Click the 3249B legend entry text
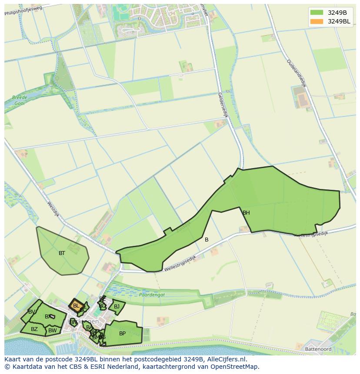coord(337,13)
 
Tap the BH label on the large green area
coord(246,213)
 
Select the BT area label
coord(62,253)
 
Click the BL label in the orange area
coord(76,306)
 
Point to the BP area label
coord(122,334)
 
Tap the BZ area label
coord(34,329)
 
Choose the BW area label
coord(53,331)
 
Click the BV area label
coord(32,312)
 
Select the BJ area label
coord(117,307)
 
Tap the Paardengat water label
coord(152,295)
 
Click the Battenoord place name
coord(318,349)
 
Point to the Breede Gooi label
coord(20,100)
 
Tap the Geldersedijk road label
coord(223,105)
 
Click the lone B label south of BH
coord(207,240)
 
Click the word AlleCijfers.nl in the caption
coord(227,359)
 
